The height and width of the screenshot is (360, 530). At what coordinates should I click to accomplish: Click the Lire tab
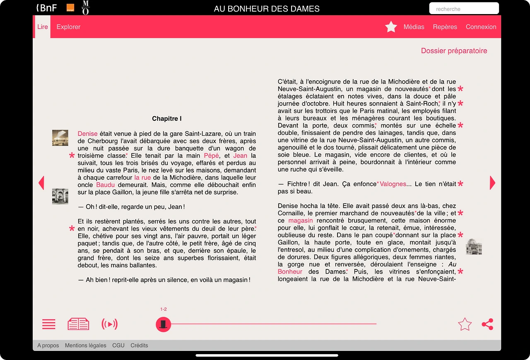(x=43, y=27)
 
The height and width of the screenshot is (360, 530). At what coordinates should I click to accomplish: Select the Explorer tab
(x=68, y=27)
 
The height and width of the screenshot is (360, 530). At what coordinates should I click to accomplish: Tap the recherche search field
(x=464, y=9)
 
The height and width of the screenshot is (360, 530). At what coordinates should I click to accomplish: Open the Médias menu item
(x=414, y=27)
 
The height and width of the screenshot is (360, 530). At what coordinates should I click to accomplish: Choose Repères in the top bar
(x=445, y=27)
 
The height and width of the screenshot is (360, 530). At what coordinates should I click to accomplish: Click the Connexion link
(x=481, y=27)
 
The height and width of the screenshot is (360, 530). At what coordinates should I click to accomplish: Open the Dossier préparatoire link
(x=454, y=51)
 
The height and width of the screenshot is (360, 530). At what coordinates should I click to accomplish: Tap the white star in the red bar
(x=391, y=27)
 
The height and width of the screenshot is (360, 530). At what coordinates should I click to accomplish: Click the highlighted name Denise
(x=87, y=134)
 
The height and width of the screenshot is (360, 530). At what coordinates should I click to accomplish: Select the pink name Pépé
(x=211, y=156)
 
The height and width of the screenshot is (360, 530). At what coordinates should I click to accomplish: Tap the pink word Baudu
(x=105, y=185)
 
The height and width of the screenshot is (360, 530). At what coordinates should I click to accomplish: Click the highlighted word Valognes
(x=393, y=184)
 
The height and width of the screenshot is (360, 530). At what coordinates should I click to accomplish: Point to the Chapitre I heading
(x=167, y=119)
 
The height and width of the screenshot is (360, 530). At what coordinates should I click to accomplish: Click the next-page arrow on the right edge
(x=492, y=182)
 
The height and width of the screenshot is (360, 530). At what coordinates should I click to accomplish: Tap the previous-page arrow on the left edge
(x=41, y=182)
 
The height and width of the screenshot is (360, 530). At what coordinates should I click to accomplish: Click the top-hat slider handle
(x=163, y=324)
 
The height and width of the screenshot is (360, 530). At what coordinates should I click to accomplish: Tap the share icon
(x=487, y=324)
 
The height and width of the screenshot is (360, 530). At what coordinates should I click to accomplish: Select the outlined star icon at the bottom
(x=465, y=324)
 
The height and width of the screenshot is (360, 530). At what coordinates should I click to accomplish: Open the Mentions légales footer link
(x=85, y=346)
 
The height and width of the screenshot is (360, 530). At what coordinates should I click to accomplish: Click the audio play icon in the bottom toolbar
(x=109, y=324)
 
